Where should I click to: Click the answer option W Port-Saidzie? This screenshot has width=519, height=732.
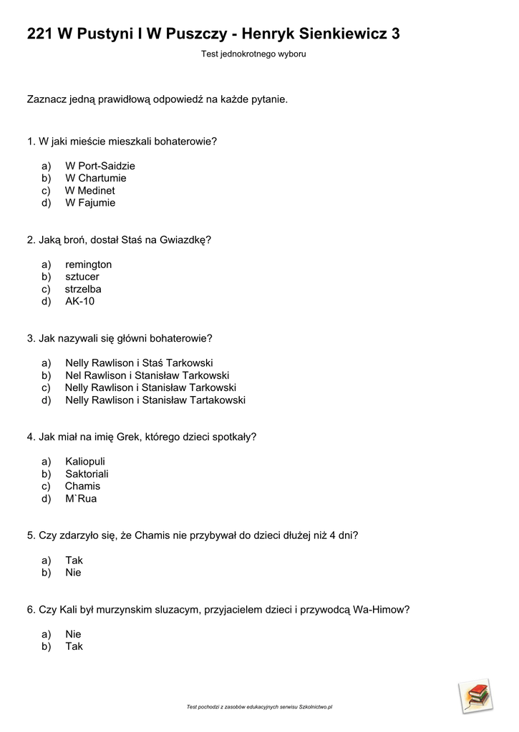click(x=100, y=166)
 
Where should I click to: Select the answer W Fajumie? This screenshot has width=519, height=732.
click(x=90, y=202)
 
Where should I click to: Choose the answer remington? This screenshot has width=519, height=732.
click(x=88, y=264)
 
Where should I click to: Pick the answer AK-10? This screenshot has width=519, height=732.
click(x=79, y=301)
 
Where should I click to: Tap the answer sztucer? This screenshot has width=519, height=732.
click(x=82, y=277)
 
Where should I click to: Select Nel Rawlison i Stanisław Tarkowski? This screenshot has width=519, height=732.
click(x=147, y=375)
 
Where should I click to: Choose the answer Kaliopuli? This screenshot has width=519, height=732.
click(x=84, y=462)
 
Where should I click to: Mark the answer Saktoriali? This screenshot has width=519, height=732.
click(x=87, y=474)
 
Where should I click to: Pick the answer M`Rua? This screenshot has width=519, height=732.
click(x=80, y=498)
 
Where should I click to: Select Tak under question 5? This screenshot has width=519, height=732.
click(x=74, y=560)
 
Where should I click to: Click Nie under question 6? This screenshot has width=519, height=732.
click(x=73, y=634)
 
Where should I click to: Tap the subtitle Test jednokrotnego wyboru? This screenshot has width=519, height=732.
click(x=253, y=54)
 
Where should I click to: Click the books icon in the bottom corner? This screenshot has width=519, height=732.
click(x=475, y=695)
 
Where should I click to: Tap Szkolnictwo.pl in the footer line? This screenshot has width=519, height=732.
click(x=315, y=707)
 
